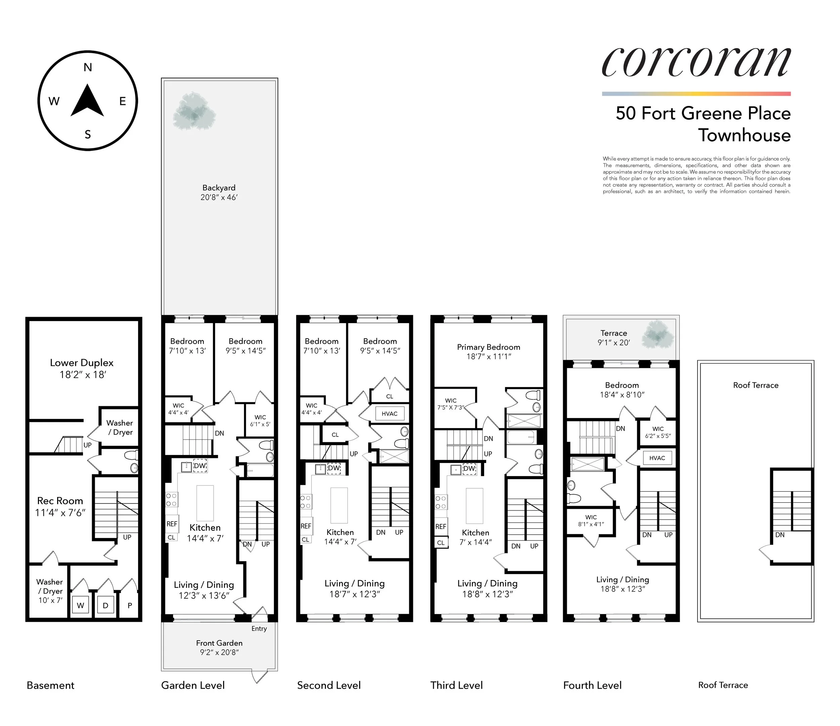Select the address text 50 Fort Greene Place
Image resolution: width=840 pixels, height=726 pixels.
tap(703, 113)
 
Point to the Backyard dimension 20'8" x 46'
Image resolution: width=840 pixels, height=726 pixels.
tap(219, 198)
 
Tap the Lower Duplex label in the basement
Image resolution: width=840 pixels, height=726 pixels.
tap(82, 363)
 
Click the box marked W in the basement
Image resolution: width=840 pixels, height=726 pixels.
tap(81, 606)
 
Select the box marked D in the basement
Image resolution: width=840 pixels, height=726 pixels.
tap(106, 606)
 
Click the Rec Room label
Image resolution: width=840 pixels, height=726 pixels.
tap(60, 501)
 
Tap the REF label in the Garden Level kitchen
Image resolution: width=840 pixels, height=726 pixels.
tap(172, 524)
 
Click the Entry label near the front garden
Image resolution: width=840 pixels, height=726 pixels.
tap(259, 628)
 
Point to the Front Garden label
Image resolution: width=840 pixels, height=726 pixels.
tap(219, 643)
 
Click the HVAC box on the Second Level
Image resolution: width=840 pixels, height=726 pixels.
tap(390, 414)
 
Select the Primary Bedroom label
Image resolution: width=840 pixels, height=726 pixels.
tap(488, 347)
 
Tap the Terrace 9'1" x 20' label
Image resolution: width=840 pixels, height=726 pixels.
tap(614, 338)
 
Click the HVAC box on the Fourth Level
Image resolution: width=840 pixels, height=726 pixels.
tap(657, 458)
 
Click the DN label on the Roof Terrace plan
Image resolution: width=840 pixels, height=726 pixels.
tap(780, 535)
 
